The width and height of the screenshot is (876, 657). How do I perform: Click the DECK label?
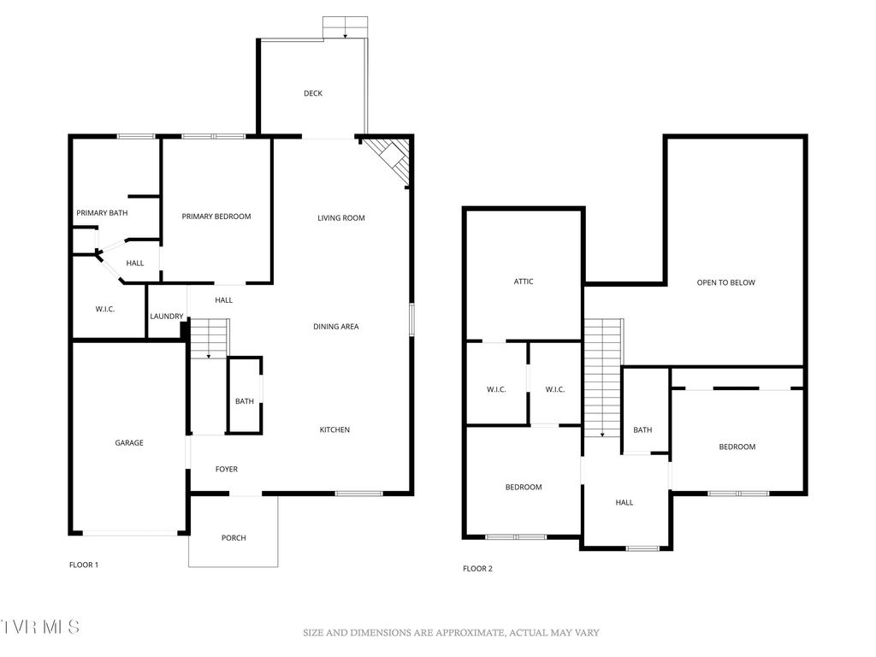pyautogui.click(x=313, y=93)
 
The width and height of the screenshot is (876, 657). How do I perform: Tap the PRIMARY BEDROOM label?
pyautogui.click(x=216, y=216)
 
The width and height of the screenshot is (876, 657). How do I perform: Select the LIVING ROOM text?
pyautogui.click(x=341, y=218)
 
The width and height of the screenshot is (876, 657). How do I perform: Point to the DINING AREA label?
pyautogui.click(x=335, y=326)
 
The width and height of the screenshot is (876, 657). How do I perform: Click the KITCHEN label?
pyautogui.click(x=334, y=429)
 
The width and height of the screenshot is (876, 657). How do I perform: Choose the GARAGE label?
pyautogui.click(x=129, y=443)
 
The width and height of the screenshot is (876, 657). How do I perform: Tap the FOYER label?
pyautogui.click(x=227, y=469)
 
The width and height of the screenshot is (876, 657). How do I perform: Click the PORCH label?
pyautogui.click(x=234, y=538)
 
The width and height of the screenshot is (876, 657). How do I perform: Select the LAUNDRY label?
pyautogui.click(x=166, y=317)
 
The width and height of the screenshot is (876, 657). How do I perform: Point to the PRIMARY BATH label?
pyautogui.click(x=102, y=213)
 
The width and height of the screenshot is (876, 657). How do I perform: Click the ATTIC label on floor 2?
pyautogui.click(x=524, y=281)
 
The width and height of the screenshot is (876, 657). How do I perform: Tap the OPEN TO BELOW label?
pyautogui.click(x=725, y=282)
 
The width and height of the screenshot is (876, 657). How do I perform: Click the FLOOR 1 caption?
pyautogui.click(x=84, y=565)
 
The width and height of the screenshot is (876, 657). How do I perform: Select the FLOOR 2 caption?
pyautogui.click(x=477, y=568)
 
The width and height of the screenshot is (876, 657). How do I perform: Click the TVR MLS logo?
pyautogui.click(x=40, y=627)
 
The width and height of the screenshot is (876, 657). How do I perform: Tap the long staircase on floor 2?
pyautogui.click(x=603, y=376)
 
